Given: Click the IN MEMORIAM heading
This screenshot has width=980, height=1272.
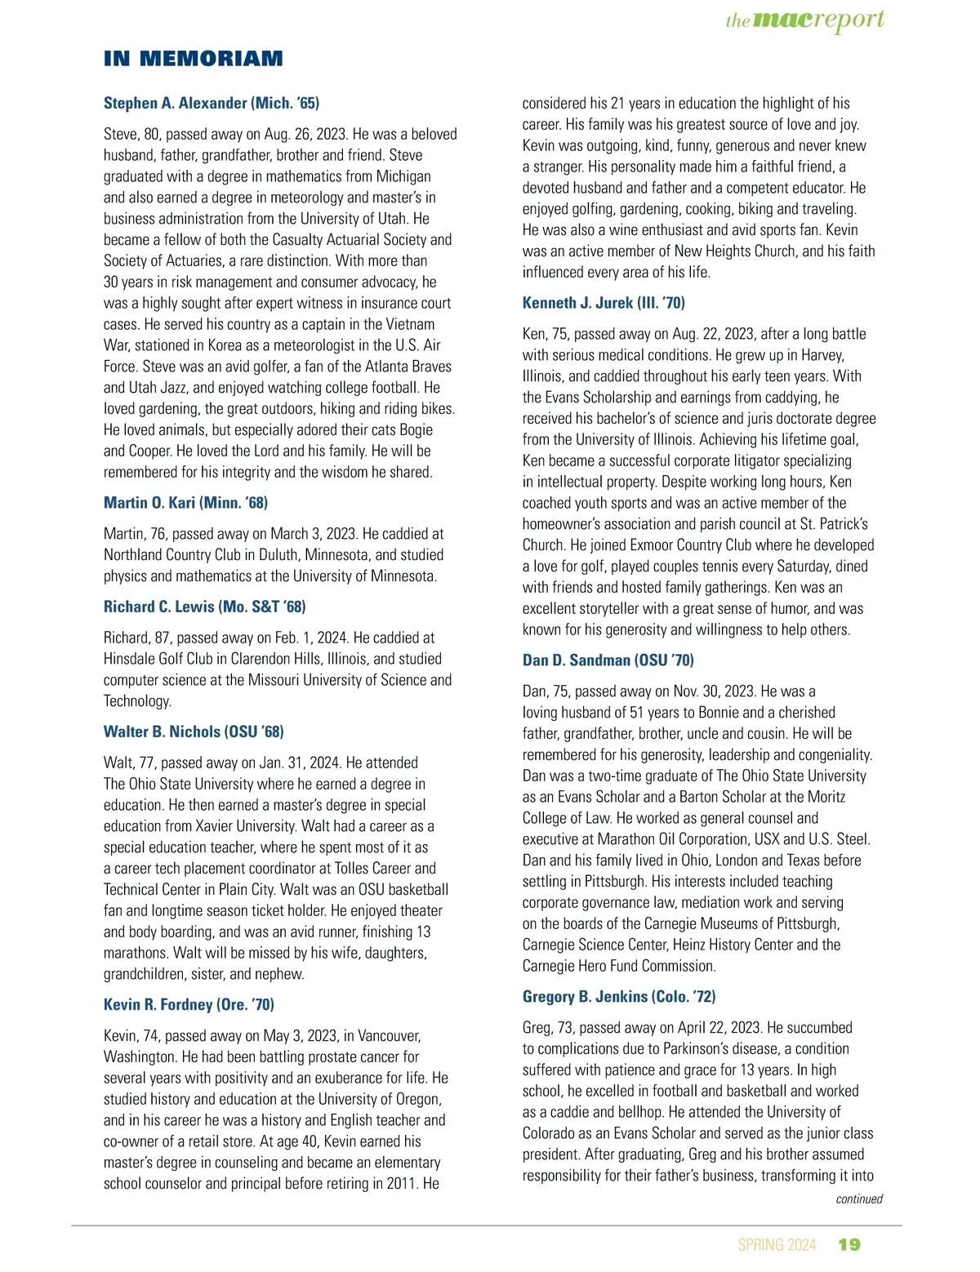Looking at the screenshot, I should tap(193, 59).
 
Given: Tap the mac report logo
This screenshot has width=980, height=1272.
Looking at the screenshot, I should tap(804, 20).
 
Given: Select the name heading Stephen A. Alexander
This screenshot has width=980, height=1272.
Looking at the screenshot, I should tap(212, 103).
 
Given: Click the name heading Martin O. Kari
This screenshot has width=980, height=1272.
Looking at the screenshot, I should tap(185, 502).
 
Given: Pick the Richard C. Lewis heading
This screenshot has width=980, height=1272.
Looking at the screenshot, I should tap(204, 607).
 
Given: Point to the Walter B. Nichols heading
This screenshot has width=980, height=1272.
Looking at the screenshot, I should tap(194, 732).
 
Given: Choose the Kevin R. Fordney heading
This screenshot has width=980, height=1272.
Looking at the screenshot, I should tap(189, 1004).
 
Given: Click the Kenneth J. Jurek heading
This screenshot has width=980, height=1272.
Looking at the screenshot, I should tap(604, 303).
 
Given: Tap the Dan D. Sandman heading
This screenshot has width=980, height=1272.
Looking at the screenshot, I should tap(608, 660).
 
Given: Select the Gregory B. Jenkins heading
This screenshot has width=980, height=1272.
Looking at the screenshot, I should tap(618, 996).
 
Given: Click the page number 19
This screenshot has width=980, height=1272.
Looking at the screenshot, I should tap(849, 1244).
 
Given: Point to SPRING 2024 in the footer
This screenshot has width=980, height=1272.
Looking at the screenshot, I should tap(777, 1245).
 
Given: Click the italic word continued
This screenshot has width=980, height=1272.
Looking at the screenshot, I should tap(859, 1199).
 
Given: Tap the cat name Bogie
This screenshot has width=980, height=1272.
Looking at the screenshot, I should tap(413, 429).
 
